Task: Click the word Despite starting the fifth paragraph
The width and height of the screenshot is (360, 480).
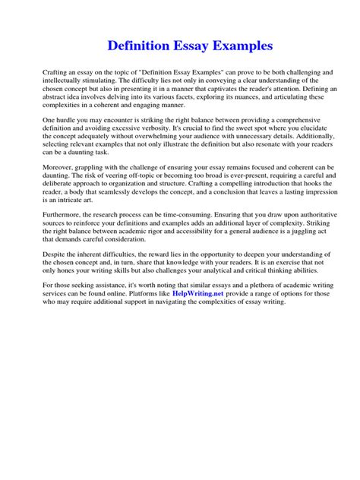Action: click(x=56, y=259)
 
